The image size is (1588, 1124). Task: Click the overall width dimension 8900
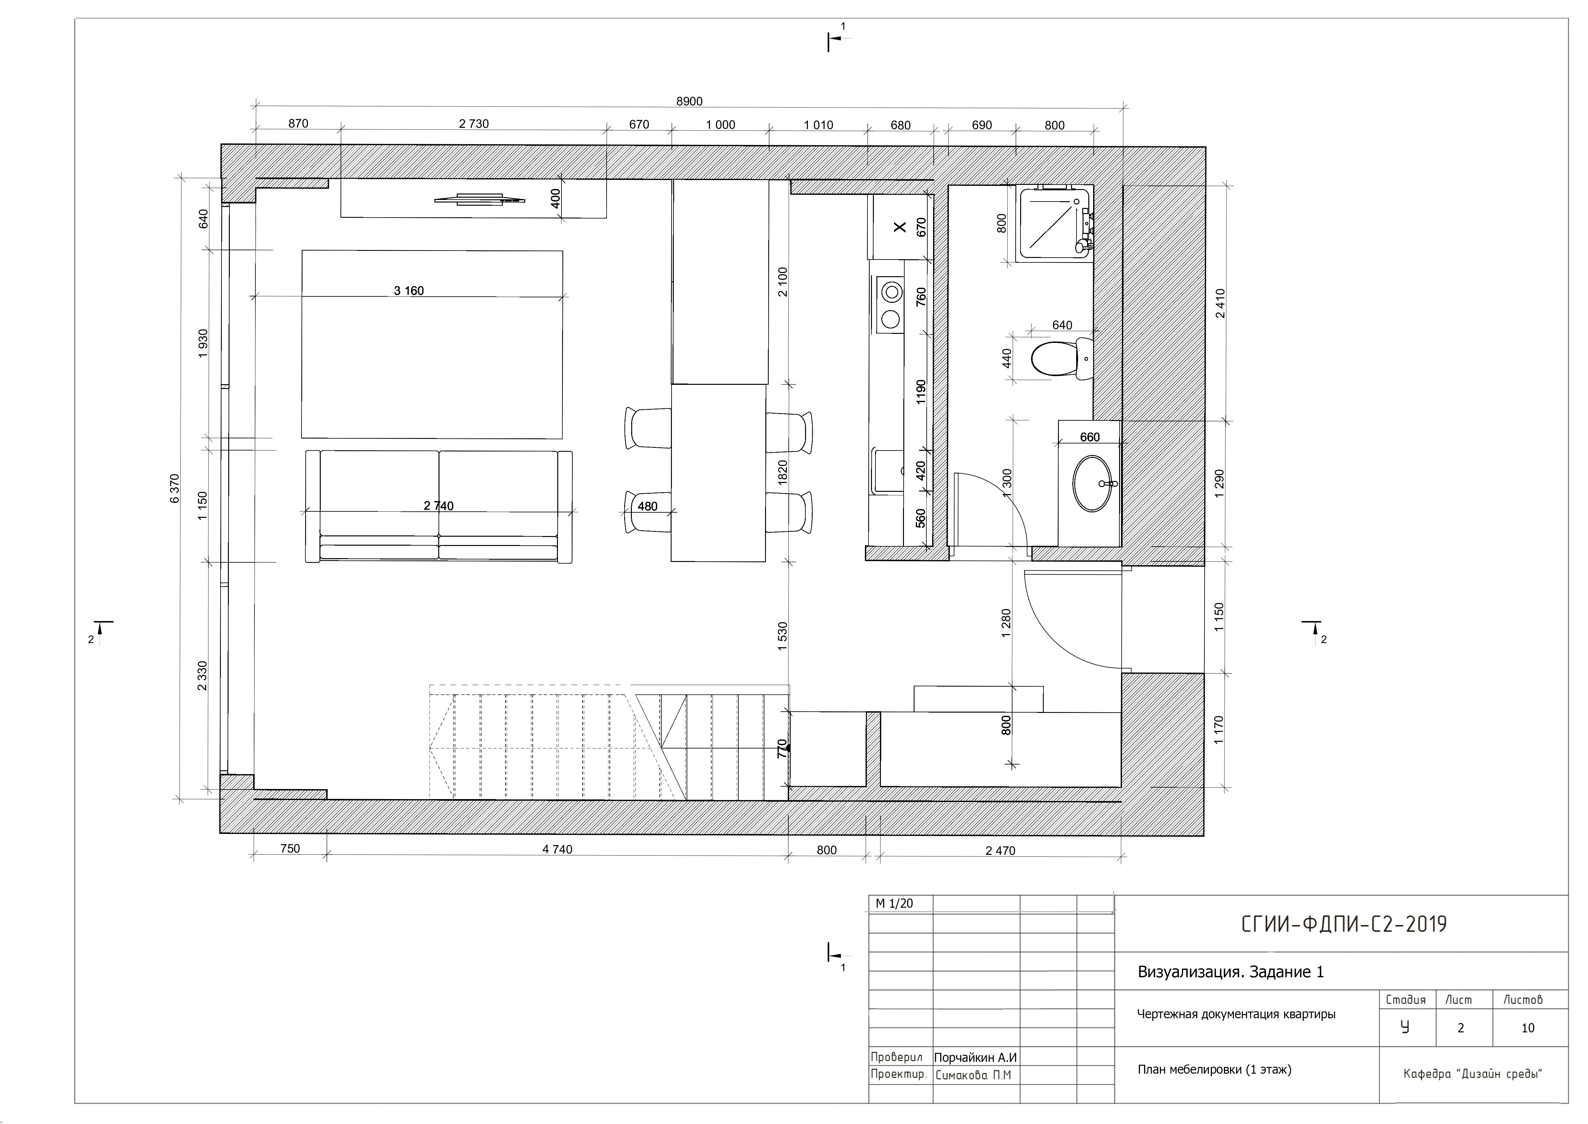coord(689,102)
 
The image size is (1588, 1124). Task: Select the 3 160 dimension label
coord(409,291)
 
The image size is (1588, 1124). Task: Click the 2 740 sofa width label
coord(439,506)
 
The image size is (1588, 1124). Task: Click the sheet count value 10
coord(1528,1028)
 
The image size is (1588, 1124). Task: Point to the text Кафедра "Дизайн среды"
coord(1473,1074)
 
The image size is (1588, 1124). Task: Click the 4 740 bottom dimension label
coord(558,849)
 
